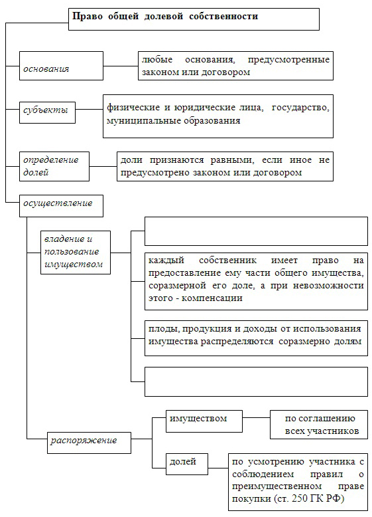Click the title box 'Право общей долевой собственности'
click(x=194, y=19)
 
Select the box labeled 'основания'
click(x=61, y=66)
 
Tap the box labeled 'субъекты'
click(x=47, y=112)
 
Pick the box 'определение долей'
click(x=54, y=166)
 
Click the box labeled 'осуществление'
click(x=61, y=206)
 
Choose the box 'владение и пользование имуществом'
click(x=76, y=253)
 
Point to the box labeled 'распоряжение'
click(x=89, y=443)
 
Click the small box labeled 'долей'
click(x=187, y=464)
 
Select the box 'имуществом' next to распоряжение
click(x=204, y=421)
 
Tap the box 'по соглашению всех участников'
click(x=319, y=425)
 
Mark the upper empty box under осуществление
click(x=256, y=231)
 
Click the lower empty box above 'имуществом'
click(x=256, y=381)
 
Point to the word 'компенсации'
click(x=212, y=298)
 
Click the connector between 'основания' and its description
click(x=121, y=66)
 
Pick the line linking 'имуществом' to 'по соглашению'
click(x=256, y=417)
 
